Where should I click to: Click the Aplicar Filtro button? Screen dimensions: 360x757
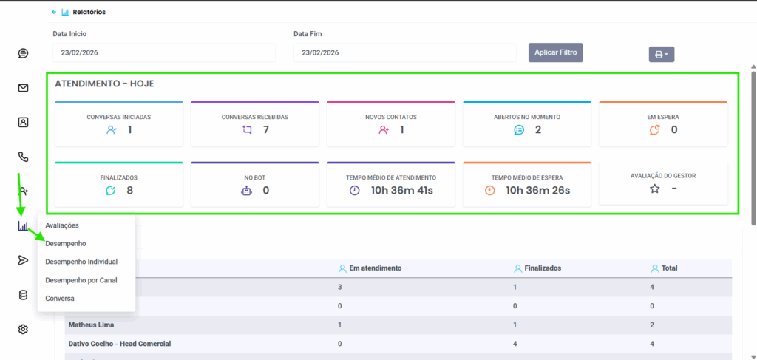pos(556,52)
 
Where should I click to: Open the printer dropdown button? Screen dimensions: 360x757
pos(661,54)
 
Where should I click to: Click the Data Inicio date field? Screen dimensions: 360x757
pos(163,52)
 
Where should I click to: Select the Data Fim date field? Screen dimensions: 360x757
pos(404,52)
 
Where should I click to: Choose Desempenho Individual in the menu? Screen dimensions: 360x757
pos(81,262)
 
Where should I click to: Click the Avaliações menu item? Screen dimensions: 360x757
pos(62,225)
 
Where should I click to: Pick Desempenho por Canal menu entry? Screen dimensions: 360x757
pos(81,280)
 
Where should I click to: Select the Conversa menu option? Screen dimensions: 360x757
pos(60,299)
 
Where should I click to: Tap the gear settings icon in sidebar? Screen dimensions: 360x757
pos(23,329)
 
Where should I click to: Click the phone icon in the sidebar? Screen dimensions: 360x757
pos(23,157)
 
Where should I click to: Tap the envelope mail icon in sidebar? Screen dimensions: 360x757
pos(23,88)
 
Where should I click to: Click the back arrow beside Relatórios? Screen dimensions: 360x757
pos(54,12)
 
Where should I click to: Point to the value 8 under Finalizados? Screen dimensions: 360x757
pos(129,191)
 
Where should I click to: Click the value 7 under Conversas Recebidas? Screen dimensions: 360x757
pos(265,130)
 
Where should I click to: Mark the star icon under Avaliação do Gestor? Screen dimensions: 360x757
pos(654,189)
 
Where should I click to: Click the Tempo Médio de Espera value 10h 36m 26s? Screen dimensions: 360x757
pos(537,191)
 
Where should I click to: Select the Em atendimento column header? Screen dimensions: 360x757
pos(375,268)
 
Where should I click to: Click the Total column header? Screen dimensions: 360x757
pos(669,268)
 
